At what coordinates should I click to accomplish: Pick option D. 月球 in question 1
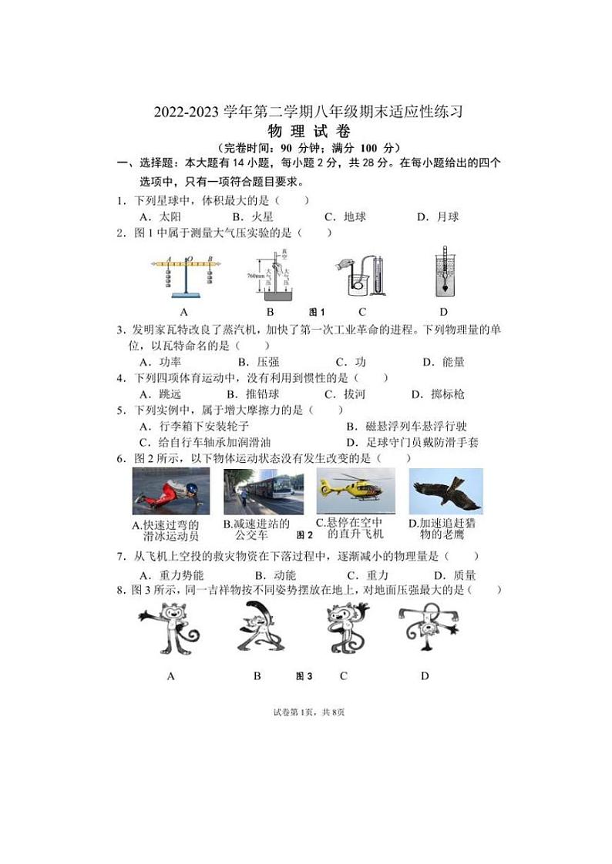click(x=437, y=217)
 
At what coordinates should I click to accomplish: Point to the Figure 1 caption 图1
click(x=317, y=312)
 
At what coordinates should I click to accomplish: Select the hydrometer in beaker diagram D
click(x=444, y=271)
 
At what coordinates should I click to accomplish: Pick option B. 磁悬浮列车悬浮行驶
click(x=406, y=427)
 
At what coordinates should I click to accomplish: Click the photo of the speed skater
click(x=171, y=491)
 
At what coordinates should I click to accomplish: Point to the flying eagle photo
click(x=446, y=491)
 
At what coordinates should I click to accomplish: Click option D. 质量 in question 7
click(x=454, y=575)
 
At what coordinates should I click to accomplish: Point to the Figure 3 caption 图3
click(x=304, y=677)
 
